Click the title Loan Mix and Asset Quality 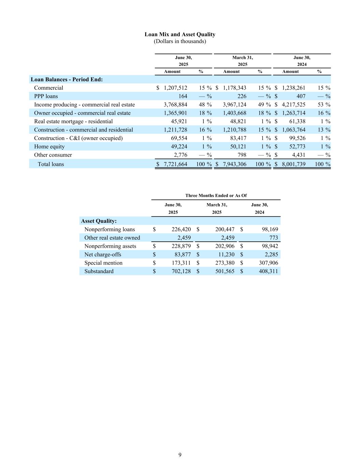(x=180, y=34)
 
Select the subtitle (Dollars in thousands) (x=180, y=41)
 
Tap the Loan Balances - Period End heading (x=67, y=80)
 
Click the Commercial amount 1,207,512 (x=175, y=88)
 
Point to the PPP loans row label (x=46, y=96)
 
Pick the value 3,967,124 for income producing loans (x=234, y=104)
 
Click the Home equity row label (x=49, y=146)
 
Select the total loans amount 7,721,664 (x=175, y=164)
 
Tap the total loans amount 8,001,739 (x=293, y=164)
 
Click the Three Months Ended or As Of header (x=216, y=196)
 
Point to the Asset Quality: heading (x=99, y=221)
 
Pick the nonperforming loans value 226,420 (x=181, y=229)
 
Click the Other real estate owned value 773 (x=273, y=238)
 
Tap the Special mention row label (x=103, y=263)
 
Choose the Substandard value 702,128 (x=181, y=271)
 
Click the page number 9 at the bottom (x=180, y=455)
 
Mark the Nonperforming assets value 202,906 (x=225, y=246)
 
